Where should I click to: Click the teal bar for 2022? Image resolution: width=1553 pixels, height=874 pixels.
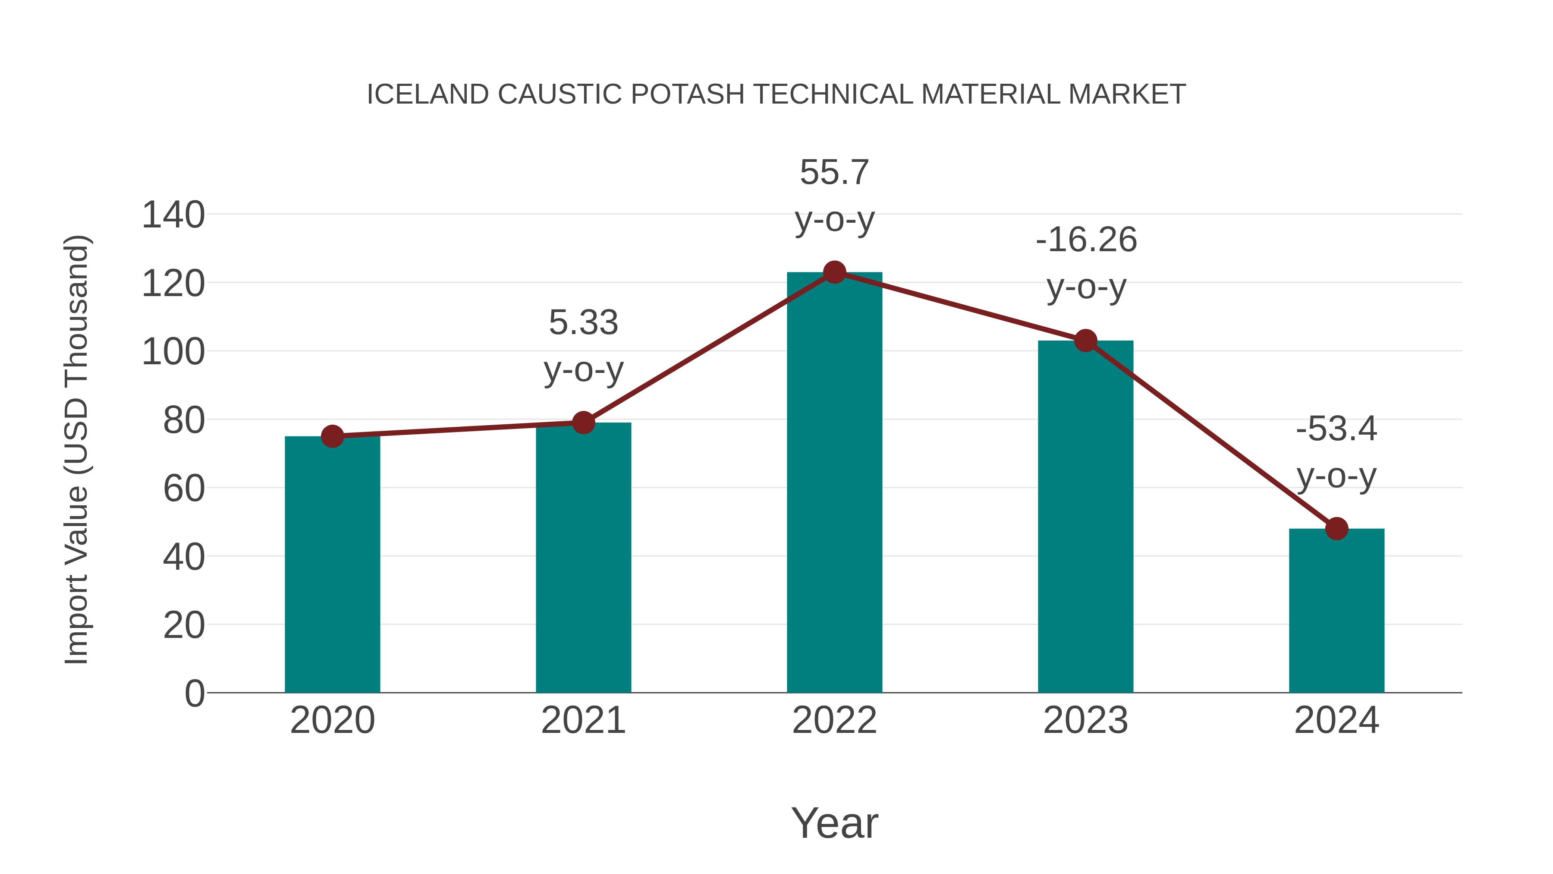point(834,483)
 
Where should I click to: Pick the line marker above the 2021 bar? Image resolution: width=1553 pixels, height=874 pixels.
point(583,423)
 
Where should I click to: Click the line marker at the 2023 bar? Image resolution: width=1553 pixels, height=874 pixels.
point(1085,341)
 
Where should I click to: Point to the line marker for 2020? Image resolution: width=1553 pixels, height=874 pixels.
point(332,436)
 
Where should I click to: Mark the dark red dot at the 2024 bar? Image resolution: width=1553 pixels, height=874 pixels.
point(1336,529)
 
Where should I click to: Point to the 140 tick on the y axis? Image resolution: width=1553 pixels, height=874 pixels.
point(173,215)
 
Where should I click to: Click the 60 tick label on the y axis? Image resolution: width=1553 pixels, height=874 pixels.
point(184,489)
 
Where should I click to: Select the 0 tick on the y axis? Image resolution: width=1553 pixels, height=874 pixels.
point(194,694)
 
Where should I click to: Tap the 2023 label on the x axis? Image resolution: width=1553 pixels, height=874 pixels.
point(1085,720)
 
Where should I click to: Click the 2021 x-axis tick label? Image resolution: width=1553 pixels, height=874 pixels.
point(583,720)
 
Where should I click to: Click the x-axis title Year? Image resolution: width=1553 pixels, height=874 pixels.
point(834,823)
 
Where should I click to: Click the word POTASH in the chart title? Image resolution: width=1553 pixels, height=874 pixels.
point(687,95)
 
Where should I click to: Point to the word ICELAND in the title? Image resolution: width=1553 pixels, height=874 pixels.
point(428,95)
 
